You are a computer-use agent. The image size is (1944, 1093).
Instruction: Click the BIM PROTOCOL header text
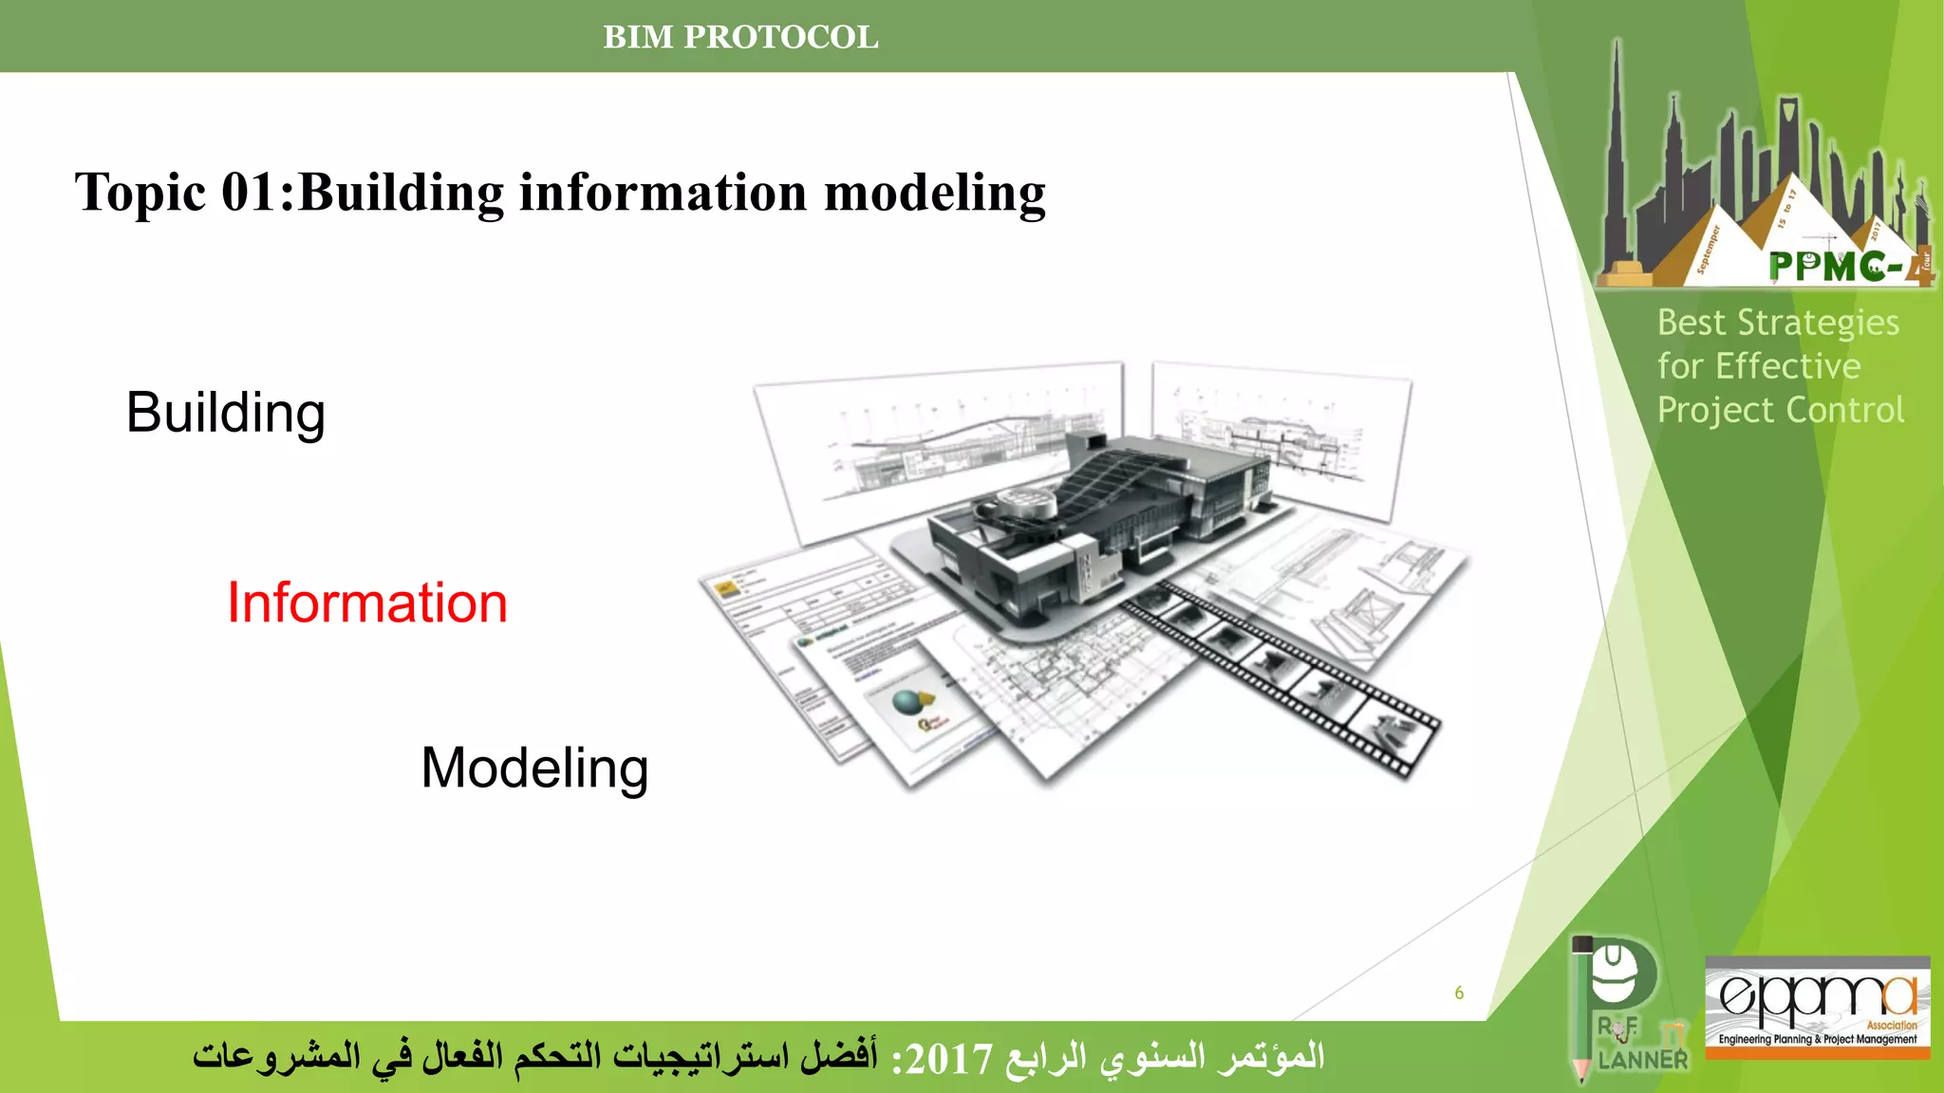(740, 37)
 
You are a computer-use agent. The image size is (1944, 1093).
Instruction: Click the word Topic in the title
(140, 194)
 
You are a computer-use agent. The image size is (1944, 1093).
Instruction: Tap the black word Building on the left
(226, 413)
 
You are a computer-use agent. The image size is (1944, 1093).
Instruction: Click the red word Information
(367, 603)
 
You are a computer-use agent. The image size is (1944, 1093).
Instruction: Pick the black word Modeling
(534, 768)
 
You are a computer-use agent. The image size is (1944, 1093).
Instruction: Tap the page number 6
(1459, 993)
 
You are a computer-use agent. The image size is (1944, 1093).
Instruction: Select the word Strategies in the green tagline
(1818, 324)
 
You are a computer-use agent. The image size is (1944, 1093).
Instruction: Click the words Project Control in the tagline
(1780, 411)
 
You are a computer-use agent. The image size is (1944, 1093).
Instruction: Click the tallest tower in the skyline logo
(1617, 152)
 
